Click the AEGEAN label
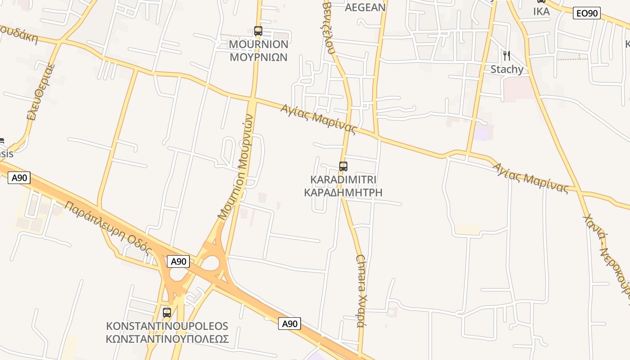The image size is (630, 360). (365, 7)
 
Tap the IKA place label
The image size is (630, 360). (541, 12)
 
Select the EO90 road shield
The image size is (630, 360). (587, 13)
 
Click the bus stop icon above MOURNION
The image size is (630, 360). (258, 31)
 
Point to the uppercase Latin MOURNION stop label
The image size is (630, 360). (258, 44)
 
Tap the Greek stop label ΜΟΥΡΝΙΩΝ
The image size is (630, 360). (258, 58)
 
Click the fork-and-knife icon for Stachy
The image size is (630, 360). (507, 56)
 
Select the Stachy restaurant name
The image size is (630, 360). (507, 69)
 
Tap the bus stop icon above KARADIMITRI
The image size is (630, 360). (343, 166)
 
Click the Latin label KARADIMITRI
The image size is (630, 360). (343, 180)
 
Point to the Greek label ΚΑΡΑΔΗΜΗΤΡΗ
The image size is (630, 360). (343, 193)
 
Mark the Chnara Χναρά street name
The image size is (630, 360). (362, 290)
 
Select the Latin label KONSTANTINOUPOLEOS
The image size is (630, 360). (167, 326)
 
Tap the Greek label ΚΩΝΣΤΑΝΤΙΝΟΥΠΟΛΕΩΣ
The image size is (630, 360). (167, 339)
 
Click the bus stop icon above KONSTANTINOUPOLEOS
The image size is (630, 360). (167, 312)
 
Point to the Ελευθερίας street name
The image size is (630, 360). (40, 92)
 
